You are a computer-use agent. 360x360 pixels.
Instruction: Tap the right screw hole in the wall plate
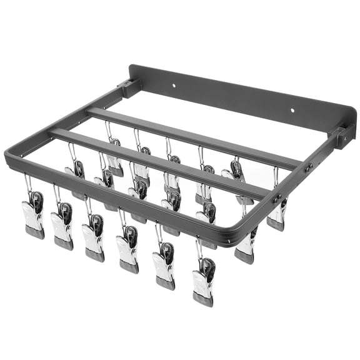click(x=291, y=111)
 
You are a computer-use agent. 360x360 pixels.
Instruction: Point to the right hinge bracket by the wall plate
click(x=343, y=136)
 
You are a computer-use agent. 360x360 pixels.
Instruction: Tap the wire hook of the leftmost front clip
click(x=28, y=184)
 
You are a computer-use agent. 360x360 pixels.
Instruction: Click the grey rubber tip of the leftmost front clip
click(x=35, y=232)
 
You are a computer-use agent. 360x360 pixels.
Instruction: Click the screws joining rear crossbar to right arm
click(x=307, y=167)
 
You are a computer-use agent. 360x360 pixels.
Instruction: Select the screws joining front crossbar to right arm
click(x=274, y=199)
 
